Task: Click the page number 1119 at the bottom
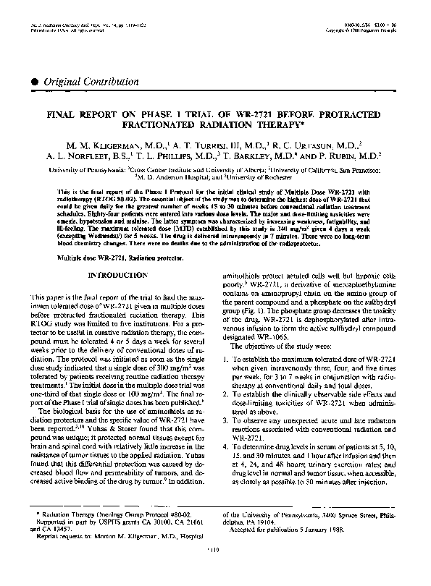pyautogui.click(x=215, y=570)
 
